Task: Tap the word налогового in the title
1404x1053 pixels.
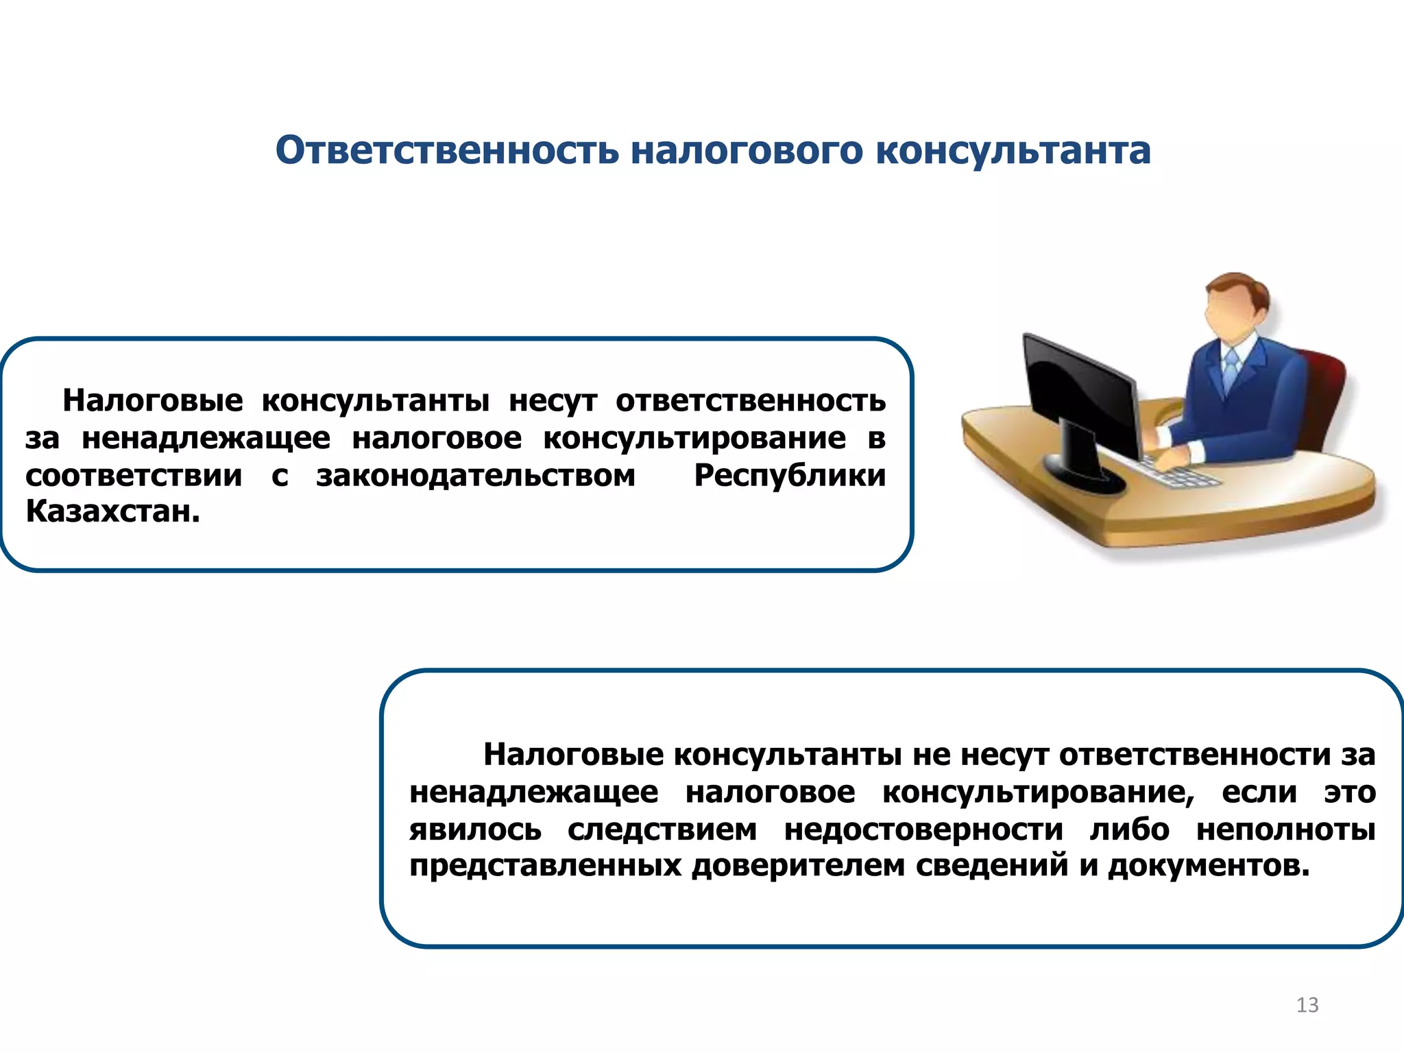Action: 747,150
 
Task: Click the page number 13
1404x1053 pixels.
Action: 1307,1005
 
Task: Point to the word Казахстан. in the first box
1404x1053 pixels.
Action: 113,511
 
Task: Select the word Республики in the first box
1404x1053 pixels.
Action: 790,475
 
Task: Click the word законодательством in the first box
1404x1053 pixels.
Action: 476,475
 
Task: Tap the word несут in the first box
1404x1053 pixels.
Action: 553,400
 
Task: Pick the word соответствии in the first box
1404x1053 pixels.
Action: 134,475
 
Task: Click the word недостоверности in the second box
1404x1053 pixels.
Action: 923,829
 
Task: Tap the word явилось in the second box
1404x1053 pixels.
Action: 475,829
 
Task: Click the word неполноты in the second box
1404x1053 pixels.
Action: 1286,829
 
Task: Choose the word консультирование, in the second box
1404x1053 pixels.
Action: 1038,792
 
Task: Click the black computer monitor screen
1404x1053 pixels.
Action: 1076,391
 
